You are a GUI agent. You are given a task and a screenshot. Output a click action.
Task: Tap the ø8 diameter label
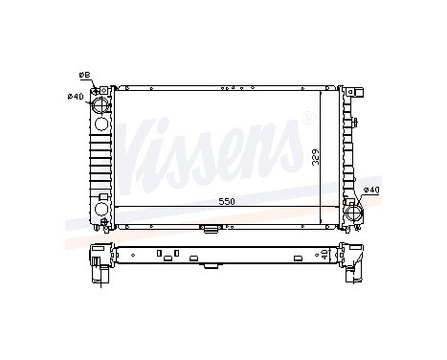83,74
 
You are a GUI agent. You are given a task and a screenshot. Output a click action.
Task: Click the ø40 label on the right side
371,191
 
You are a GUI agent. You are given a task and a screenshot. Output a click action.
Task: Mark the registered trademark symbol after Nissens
305,118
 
